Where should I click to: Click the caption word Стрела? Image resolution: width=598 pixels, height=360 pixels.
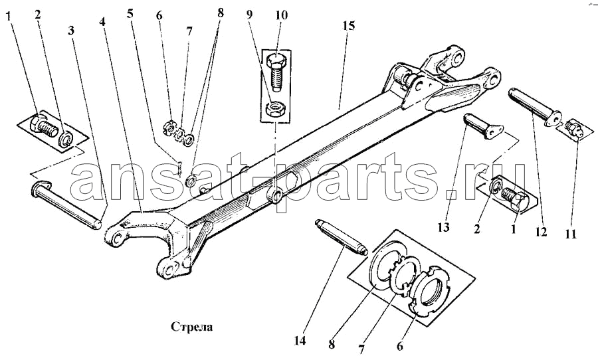tap(191, 327)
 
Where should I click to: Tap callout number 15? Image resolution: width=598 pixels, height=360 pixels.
tap(349, 26)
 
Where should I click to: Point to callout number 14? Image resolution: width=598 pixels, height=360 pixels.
tap(300, 341)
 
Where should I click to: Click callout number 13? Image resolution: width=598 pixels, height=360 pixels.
tap(444, 227)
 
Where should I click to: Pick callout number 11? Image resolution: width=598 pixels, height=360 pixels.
tap(571, 234)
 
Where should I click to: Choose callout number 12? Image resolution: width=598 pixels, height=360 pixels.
tap(541, 232)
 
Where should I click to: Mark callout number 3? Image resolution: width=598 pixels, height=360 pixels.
tap(71, 31)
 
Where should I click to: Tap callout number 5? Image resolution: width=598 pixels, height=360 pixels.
tap(131, 14)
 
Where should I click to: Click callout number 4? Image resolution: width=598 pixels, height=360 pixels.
tap(102, 21)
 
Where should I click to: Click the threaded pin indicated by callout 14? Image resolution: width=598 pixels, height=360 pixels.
tap(341, 237)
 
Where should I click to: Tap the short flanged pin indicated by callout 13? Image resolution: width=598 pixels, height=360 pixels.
tap(483, 125)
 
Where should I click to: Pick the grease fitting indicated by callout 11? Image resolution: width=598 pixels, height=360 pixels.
tap(573, 128)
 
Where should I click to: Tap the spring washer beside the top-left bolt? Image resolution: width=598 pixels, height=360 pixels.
tap(65, 137)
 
